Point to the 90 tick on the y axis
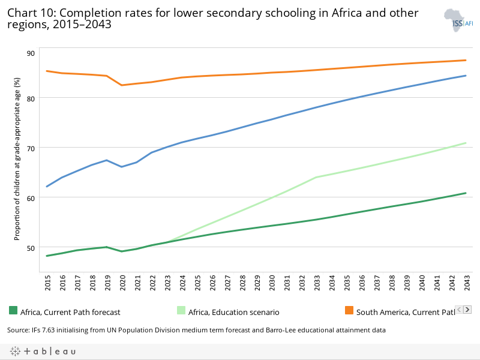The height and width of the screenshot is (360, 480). coord(31,53)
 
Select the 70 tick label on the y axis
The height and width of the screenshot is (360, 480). coord(31,148)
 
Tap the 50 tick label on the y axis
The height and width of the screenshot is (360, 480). coord(31,247)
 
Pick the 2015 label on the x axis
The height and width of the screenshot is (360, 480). coord(47,284)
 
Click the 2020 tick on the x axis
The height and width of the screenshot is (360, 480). coord(122,284)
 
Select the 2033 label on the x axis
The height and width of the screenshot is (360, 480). coord(316,284)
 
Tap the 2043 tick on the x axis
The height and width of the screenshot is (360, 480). coord(466,284)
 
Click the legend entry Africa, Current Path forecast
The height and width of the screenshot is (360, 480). coord(70,312)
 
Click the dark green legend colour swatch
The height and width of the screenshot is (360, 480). coord(13,310)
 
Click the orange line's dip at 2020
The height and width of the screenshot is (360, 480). coord(122,85)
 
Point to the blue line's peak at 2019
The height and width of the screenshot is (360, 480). coord(107,160)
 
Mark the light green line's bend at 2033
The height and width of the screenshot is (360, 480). coord(316,177)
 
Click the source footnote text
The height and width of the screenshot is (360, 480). coord(196,330)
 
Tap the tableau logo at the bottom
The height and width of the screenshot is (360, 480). coord(42,351)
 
